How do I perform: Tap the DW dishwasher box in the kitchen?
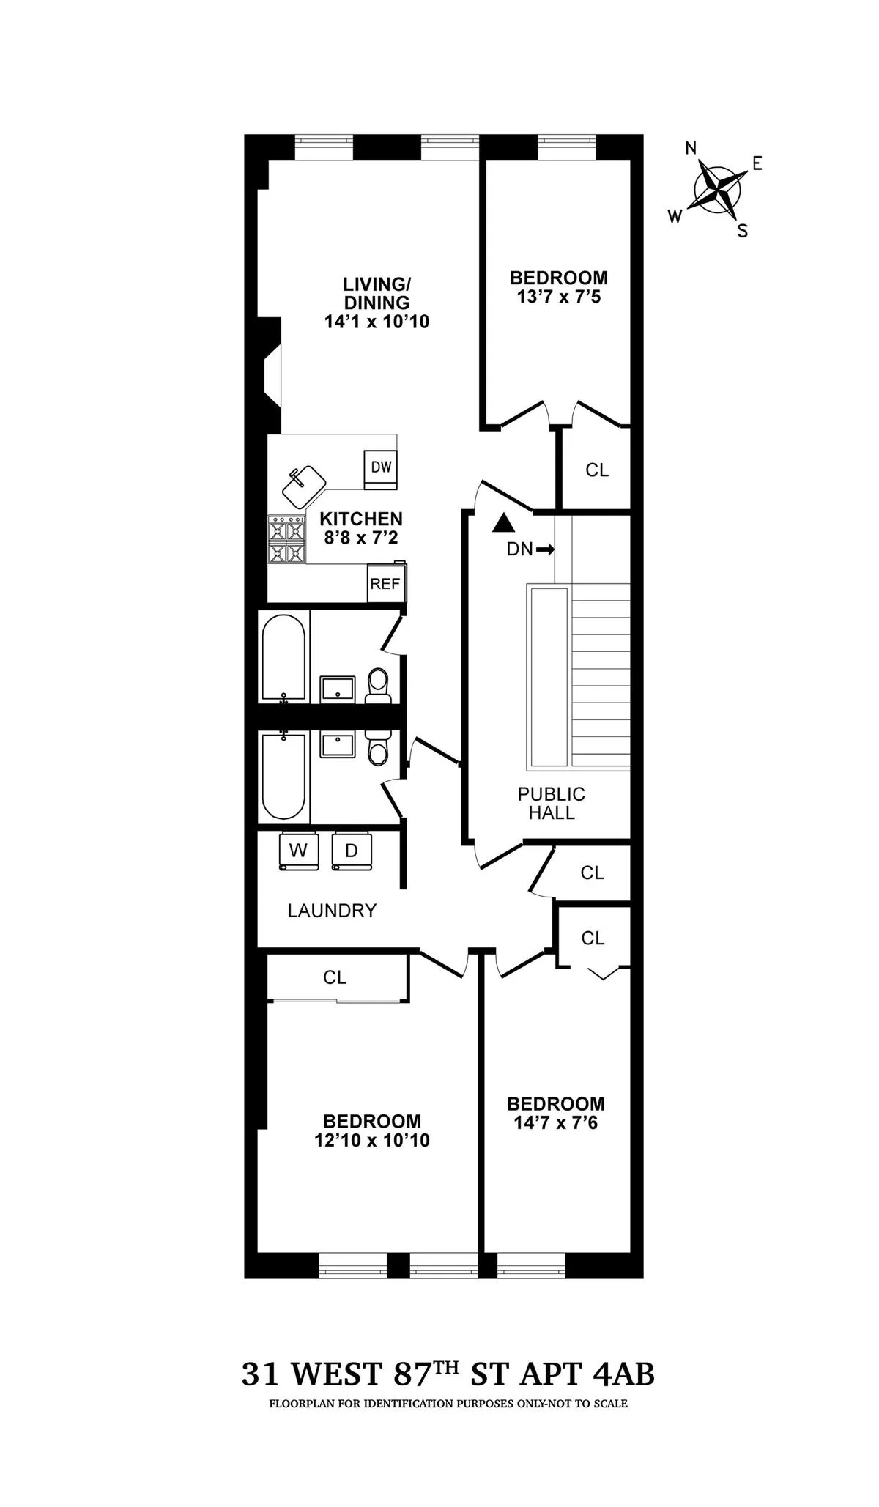(381, 467)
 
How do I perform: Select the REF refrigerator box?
(385, 583)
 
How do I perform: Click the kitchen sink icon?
(305, 486)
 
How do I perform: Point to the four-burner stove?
(286, 539)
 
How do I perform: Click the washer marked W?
(298, 851)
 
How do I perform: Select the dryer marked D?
(352, 851)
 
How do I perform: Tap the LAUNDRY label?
(332, 911)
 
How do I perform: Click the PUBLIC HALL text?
(552, 804)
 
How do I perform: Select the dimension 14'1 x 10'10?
(377, 321)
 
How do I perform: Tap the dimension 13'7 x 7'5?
(558, 297)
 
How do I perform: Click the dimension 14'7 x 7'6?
(555, 1122)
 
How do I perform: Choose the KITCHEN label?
(360, 519)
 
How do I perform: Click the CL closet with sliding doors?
(335, 977)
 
